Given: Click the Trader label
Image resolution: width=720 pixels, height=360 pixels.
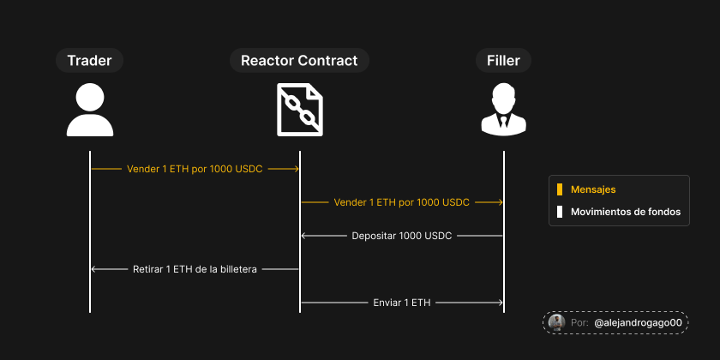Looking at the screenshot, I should [90, 60].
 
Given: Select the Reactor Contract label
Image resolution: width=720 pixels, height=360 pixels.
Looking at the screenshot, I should [299, 60].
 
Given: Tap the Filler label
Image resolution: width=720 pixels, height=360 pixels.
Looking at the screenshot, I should [503, 60].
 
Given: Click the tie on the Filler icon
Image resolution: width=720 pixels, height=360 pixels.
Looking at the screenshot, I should [503, 121].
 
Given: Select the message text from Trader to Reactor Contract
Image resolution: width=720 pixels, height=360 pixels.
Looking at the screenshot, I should [195, 170].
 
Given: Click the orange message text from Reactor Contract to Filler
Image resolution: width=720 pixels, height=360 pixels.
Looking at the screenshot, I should [401, 202].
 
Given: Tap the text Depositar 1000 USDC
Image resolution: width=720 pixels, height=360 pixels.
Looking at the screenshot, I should [401, 235].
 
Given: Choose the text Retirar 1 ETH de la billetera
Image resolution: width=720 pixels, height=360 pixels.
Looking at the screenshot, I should [195, 269].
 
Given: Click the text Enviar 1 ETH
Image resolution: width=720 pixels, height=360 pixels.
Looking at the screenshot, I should [401, 302].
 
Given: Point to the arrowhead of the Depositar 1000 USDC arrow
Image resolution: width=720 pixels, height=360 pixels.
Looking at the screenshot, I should [303, 235].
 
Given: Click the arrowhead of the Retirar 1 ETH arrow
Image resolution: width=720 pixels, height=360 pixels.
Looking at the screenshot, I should [93, 269].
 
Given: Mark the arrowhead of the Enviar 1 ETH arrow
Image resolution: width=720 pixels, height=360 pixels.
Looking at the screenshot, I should [501, 302].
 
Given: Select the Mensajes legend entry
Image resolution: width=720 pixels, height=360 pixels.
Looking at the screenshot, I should [593, 189].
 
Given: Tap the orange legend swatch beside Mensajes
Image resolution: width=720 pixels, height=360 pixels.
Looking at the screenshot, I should [559, 189].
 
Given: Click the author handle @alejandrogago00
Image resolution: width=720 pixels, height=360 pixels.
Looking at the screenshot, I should [638, 322].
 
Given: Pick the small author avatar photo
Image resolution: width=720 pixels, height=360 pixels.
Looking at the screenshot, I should [556, 322].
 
